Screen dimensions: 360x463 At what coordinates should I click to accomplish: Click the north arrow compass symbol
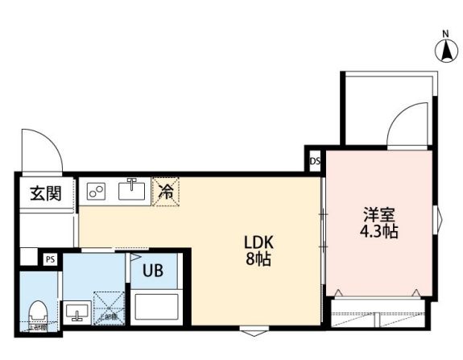444,52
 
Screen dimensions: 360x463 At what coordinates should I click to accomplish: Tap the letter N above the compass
444,34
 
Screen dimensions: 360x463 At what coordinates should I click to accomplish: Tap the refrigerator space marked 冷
167,192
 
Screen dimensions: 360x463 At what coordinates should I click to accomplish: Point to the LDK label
260,242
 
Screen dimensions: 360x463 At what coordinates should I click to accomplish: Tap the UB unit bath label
153,271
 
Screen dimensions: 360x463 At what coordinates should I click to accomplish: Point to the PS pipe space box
50,259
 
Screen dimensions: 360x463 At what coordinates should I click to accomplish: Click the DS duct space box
315,160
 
